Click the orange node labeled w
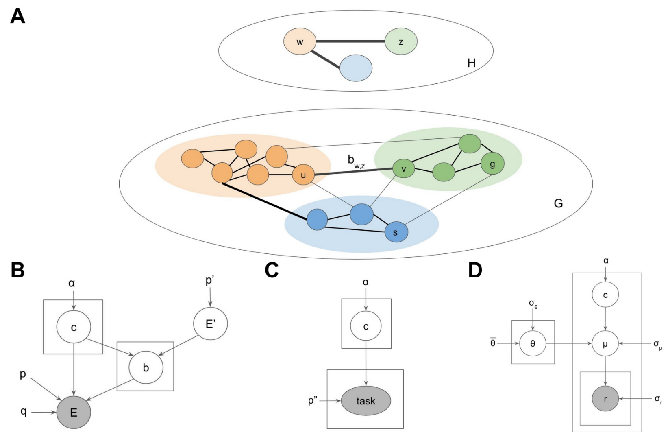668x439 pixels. tap(300, 41)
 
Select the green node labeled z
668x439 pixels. tap(401, 41)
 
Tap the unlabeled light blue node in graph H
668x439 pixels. tap(356, 68)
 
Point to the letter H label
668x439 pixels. tap(471, 63)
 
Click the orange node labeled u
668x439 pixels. tap(303, 175)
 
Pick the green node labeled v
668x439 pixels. tap(403, 169)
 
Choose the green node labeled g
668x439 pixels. tap(492, 164)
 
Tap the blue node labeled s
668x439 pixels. tap(396, 232)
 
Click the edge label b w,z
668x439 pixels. tap(356, 162)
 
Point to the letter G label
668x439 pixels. tap(558, 203)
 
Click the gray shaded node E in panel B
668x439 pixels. tap(74, 413)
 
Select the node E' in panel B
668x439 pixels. tap(211, 323)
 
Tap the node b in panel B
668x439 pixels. tap(146, 367)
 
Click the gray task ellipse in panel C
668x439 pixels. tap(366, 401)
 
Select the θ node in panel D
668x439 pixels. tap(533, 344)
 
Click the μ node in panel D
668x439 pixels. tap(605, 344)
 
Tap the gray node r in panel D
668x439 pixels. tap(605, 399)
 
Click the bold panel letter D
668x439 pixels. tap(475, 270)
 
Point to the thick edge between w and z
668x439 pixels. tap(350, 41)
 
